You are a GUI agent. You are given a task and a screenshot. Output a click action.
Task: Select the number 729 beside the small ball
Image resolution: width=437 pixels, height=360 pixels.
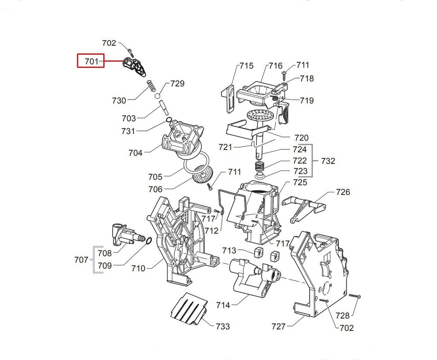178,83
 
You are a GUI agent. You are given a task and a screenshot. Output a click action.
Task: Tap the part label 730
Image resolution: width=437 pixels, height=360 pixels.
119,101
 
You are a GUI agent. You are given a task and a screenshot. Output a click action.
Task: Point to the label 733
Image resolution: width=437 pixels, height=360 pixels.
222,327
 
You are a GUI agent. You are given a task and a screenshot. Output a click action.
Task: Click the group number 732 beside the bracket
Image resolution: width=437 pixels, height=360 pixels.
328,161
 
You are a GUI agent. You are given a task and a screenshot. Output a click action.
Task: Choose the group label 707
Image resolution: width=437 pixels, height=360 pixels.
81,260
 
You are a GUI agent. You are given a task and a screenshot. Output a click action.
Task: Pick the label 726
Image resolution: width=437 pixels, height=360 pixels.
343,192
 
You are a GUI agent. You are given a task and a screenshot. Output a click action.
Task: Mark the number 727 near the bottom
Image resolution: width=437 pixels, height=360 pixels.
279,327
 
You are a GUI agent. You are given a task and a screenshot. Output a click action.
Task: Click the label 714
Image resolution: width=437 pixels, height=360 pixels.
223,305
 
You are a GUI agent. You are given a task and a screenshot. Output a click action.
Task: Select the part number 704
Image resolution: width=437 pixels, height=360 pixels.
135,152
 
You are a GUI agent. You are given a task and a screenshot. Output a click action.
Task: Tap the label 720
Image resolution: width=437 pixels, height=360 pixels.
301,138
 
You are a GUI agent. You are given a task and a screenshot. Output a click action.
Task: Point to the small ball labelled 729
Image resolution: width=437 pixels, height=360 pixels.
158,95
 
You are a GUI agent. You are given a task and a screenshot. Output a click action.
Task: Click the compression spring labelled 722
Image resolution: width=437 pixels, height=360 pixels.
260,166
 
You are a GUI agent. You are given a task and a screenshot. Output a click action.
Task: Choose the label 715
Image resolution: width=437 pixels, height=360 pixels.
246,66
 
